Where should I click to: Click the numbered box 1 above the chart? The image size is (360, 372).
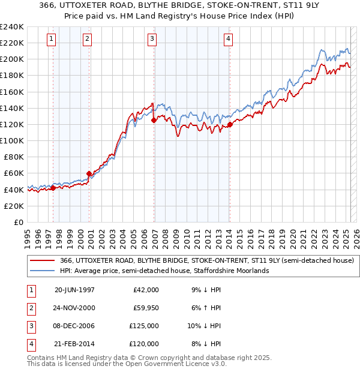[x=52, y=40]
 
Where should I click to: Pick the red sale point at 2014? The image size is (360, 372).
[x=230, y=125]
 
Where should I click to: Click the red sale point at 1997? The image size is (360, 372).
[x=53, y=188]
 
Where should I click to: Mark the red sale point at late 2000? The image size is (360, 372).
[x=89, y=173]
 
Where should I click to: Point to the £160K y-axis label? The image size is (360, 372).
[x=12, y=92]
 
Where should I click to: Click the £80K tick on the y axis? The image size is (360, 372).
[x=14, y=157]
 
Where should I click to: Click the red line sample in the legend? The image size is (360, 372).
[x=43, y=261]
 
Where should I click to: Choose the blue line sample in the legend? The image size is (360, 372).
[x=43, y=271]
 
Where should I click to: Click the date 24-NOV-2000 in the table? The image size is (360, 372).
[x=74, y=308]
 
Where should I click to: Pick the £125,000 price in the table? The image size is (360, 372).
[x=145, y=326]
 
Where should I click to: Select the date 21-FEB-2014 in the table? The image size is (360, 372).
[x=74, y=344]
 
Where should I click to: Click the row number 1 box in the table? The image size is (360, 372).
[x=31, y=290]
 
